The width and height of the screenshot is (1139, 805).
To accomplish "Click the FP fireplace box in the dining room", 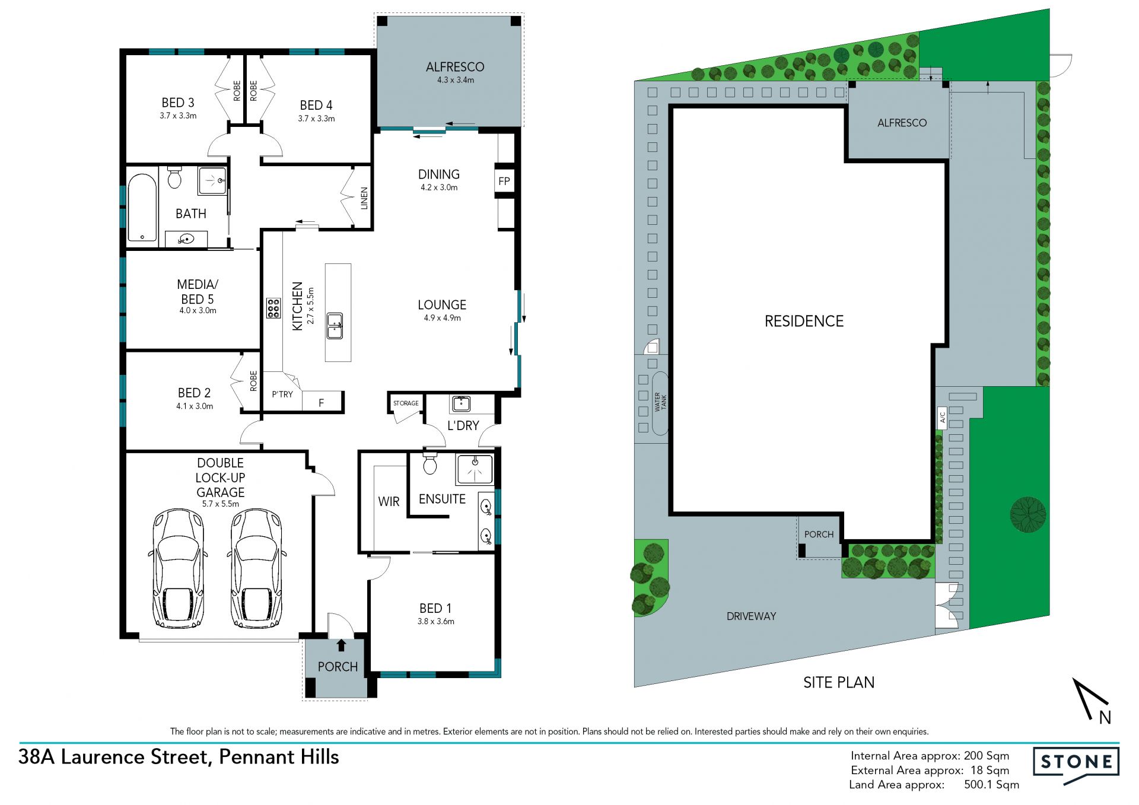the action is tap(504, 181).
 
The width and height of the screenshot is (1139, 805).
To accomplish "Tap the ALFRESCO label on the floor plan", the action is tap(455, 67).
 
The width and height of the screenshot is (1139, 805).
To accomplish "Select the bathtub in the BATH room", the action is tap(142, 208).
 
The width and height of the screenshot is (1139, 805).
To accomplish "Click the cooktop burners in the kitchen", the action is tap(273, 308).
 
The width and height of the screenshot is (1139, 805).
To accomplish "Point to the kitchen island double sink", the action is tap(335, 326).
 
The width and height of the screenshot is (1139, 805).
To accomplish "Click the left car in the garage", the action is tap(178, 568).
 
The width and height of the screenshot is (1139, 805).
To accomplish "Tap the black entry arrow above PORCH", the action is tap(341, 645).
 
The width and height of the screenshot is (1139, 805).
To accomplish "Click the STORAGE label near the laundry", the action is tap(406, 403).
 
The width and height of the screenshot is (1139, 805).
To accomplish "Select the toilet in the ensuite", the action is tap(430, 463).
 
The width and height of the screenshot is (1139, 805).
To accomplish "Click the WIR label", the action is tap(389, 502).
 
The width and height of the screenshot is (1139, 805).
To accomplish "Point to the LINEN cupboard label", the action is tap(364, 198).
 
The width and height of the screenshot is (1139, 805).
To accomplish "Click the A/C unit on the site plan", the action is tap(942, 418).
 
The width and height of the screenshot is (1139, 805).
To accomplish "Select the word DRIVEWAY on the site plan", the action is tap(751, 616).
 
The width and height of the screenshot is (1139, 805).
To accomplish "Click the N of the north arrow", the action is tap(1105, 718).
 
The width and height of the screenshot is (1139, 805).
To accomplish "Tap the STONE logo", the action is tap(1076, 762).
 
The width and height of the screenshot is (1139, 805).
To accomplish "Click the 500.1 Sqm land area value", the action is tap(991, 785).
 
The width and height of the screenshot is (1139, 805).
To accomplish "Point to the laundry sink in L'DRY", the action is tap(461, 404).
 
